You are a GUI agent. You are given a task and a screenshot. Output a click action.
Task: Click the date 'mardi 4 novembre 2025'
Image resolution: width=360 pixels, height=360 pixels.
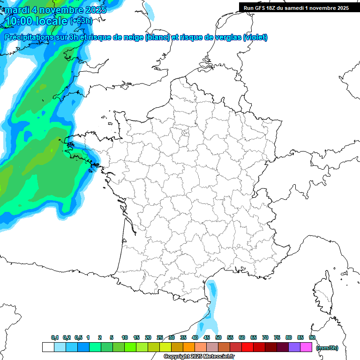click(x=55, y=9)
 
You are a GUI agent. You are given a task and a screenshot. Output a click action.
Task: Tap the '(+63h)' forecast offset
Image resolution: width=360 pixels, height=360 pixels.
click(x=81, y=21)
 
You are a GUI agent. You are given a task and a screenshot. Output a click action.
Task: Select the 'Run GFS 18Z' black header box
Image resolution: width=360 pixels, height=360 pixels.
click(x=296, y=7)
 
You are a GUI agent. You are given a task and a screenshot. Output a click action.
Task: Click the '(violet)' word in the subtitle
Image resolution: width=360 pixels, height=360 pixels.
click(x=255, y=37)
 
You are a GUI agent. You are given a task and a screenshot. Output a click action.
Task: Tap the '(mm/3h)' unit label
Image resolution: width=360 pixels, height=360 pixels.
click(x=327, y=347)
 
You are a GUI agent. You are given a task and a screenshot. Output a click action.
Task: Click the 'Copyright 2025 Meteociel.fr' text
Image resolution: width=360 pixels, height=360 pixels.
click(x=199, y=357)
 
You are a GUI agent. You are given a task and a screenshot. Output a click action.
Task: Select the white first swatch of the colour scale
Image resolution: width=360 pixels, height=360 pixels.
click(x=48, y=347)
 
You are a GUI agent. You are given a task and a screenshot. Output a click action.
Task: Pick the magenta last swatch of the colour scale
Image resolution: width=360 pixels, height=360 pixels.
click(x=306, y=347)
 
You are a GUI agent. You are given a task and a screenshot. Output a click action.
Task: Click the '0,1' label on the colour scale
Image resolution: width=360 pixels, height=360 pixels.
click(x=55, y=337)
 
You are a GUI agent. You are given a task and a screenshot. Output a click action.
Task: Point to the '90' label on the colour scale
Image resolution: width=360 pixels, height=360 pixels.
click(x=312, y=337)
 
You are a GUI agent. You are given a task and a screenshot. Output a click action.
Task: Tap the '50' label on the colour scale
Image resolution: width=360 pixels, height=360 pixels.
click(x=218, y=337)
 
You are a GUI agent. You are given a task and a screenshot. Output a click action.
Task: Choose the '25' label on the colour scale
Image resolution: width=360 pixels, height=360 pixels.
click(x=160, y=337)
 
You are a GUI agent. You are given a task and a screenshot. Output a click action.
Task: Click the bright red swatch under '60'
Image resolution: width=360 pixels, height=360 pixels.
click(x=247, y=347)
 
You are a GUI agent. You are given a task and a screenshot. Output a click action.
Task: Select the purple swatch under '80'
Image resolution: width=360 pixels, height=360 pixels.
click(x=294, y=347)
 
